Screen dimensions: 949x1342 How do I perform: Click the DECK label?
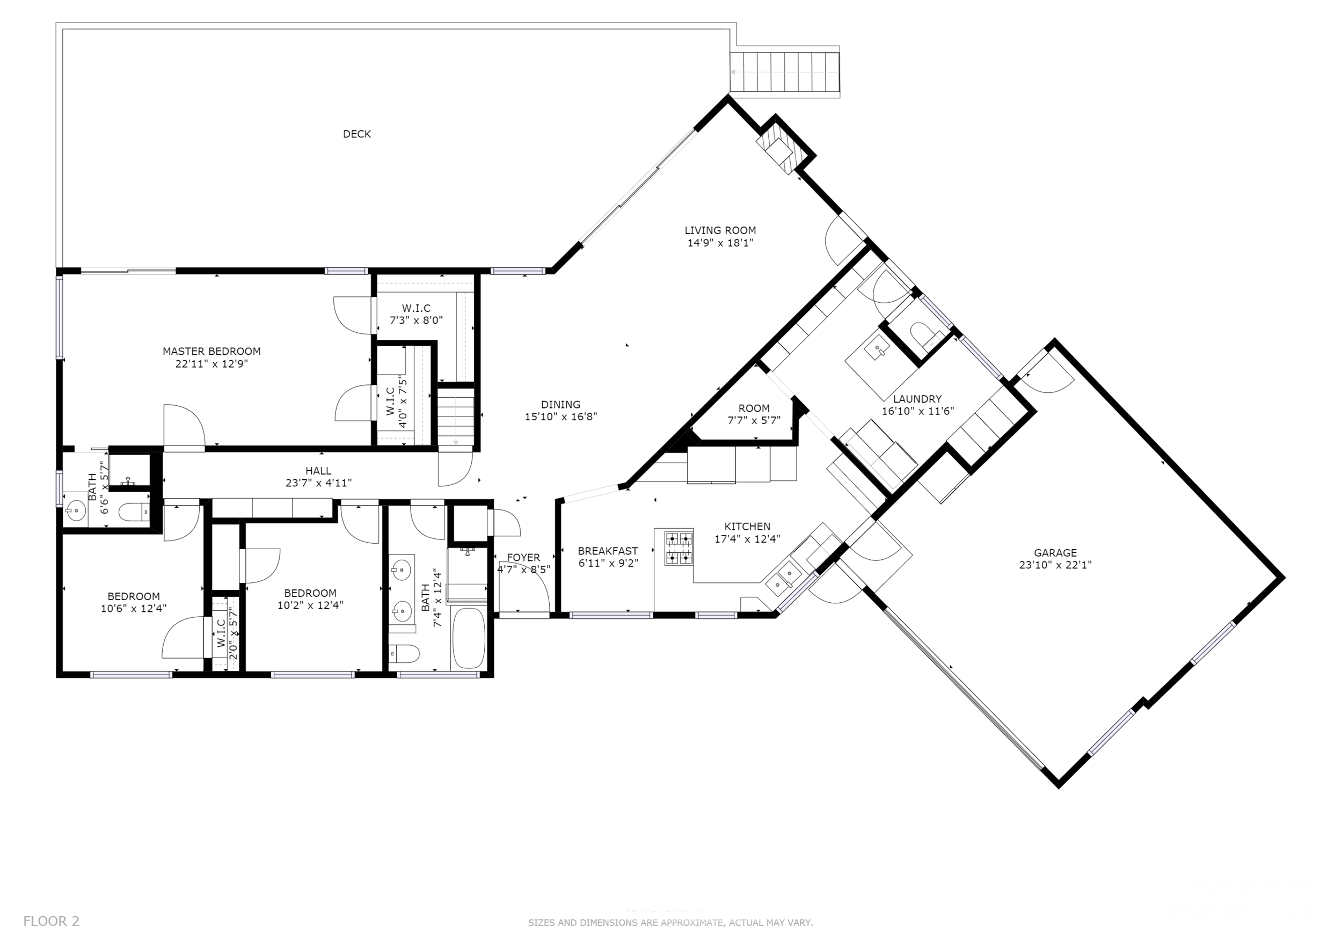click(x=356, y=134)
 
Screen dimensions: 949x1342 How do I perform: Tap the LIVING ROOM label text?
click(x=720, y=230)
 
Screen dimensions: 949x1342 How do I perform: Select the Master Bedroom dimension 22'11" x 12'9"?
click(x=211, y=364)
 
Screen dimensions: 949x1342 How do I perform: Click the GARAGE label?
click(x=1055, y=552)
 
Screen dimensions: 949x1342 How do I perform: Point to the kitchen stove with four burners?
click(x=679, y=548)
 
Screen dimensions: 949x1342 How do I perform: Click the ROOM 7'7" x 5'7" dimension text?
click(x=754, y=421)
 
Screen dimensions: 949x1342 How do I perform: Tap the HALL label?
click(x=318, y=470)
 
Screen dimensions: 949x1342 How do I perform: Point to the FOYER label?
click(x=523, y=558)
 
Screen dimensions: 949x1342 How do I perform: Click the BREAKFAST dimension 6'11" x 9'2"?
click(x=608, y=563)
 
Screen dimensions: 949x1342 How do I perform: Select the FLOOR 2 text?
click(x=52, y=922)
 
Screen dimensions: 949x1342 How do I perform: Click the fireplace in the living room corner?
click(x=777, y=149)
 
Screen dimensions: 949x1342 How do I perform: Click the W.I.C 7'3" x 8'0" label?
click(x=416, y=308)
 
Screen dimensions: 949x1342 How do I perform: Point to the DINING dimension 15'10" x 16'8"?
click(x=560, y=417)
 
